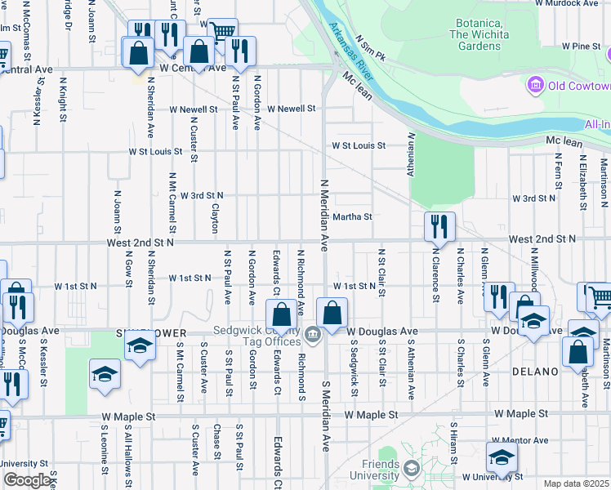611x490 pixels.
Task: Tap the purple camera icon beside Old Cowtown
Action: [536, 85]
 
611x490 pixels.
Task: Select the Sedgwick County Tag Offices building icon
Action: [312, 335]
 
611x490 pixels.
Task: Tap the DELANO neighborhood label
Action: [535, 372]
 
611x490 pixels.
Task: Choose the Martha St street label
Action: [352, 217]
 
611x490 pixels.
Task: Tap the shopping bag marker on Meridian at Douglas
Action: [332, 313]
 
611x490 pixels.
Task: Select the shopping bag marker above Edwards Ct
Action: [281, 314]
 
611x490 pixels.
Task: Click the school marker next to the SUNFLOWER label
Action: [140, 346]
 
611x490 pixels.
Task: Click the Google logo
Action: [28, 480]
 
